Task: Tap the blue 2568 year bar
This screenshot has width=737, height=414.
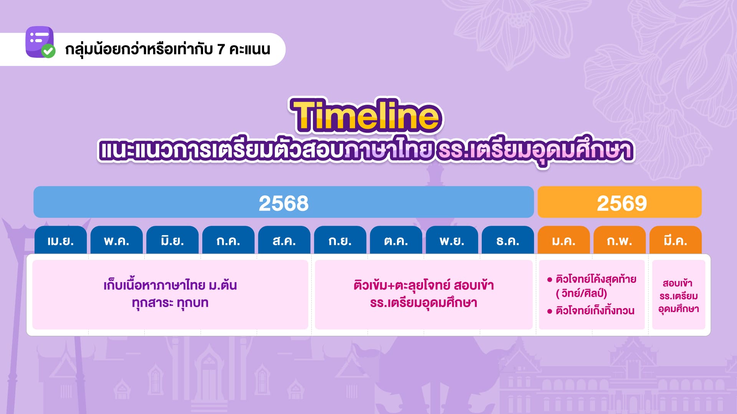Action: pos(284,202)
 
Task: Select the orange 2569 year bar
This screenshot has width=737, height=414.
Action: pos(620,202)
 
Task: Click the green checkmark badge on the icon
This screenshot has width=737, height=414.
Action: pos(48,51)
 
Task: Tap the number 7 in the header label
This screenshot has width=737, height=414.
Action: pos(221,49)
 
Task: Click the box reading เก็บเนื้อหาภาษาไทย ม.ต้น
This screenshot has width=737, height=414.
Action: pos(170,294)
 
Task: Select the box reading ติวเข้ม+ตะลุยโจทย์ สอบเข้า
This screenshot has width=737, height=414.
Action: pos(423,294)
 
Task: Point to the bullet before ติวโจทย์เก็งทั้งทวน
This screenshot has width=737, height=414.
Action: pos(549,311)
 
